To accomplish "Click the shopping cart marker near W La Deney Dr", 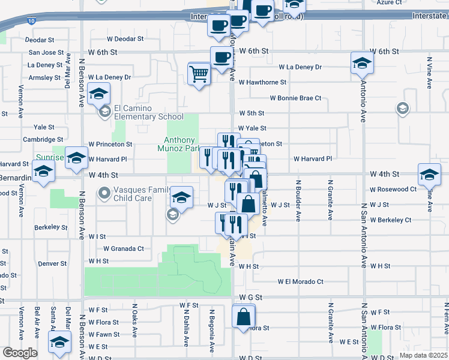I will coord(199,74).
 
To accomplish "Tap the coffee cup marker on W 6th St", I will coord(221,58).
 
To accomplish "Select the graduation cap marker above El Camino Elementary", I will coord(99,94).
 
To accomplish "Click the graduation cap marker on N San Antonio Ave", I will coord(362,63).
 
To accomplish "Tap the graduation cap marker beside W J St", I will coord(181,197).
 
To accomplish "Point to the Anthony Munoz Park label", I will coord(178,144).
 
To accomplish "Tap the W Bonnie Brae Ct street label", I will coord(295,98).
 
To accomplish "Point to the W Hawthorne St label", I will coord(262,82).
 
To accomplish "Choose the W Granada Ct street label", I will coord(124,248).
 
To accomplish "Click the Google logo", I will coord(19,353).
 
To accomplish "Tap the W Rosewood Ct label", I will coord(393,189).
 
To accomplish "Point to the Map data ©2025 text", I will coord(423,355).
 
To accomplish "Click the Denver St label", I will coord(52,263).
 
